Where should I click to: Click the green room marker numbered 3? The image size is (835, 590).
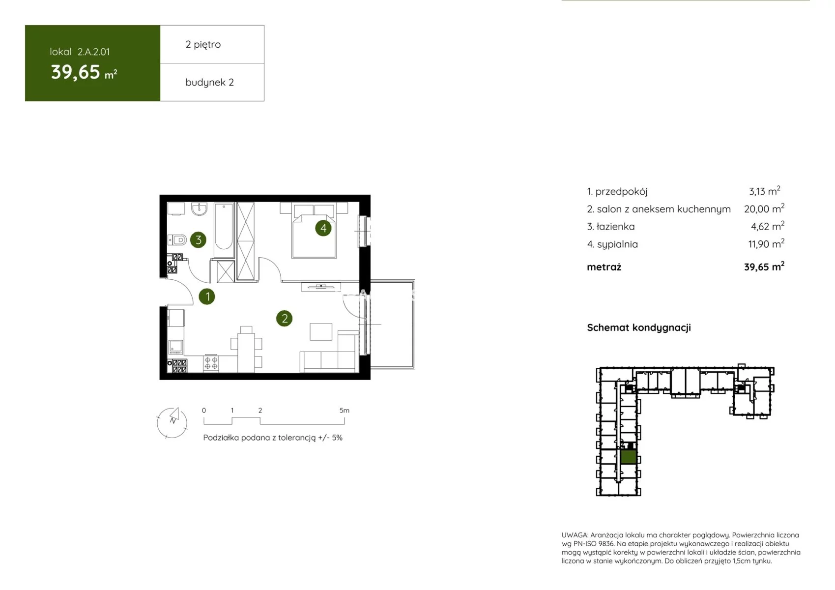coord(199,240)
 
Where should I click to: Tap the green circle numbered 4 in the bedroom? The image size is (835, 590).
coord(323,228)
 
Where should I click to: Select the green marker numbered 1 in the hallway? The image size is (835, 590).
coord(207,297)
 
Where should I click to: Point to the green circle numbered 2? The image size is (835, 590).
coord(285,319)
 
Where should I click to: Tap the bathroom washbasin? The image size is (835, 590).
coord(200,209)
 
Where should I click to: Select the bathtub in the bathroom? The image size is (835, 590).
coord(224,230)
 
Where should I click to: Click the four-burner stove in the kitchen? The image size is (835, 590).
coord(211,363)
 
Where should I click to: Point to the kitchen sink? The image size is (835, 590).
coord(175,347)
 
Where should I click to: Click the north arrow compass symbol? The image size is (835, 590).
coord(172,422)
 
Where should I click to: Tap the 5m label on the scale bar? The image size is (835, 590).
coord(345,410)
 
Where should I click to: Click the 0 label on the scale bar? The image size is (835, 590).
coord(204,410)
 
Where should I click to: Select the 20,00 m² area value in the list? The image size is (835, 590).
coord(764,208)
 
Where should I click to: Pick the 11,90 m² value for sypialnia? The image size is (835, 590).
coord(766,244)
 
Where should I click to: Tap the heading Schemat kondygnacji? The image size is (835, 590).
coord(639,327)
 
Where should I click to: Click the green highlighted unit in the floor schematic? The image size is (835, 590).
coord(629,456)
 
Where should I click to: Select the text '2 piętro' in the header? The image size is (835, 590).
coord(203,44)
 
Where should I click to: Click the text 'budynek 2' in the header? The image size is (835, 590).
coord(209,82)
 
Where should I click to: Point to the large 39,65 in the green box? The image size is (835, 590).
coord(76,72)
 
